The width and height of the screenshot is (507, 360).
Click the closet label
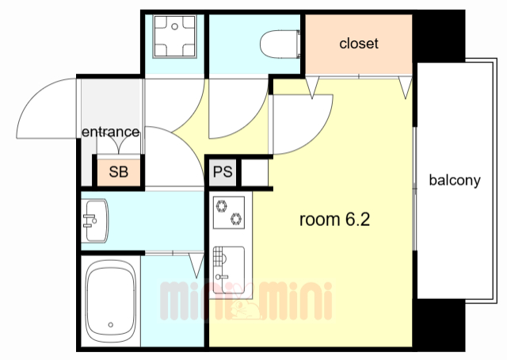(x=359, y=44)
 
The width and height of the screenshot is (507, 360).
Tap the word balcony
(x=455, y=180)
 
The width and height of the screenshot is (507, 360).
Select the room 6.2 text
(x=334, y=220)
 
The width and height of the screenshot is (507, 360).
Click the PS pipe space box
(x=223, y=171)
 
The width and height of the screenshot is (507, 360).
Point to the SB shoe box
(x=119, y=172)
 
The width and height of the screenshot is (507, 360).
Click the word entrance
(x=111, y=132)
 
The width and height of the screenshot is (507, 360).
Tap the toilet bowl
(x=280, y=44)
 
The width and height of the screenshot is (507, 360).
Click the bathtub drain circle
(x=111, y=324)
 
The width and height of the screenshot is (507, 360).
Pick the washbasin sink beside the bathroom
(x=95, y=220)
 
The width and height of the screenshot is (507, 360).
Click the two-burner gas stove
(x=229, y=213)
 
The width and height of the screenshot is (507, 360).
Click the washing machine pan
(x=174, y=36)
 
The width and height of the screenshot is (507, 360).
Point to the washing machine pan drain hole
(x=174, y=26)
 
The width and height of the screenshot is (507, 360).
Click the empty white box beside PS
(x=254, y=173)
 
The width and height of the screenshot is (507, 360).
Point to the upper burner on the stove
(x=222, y=206)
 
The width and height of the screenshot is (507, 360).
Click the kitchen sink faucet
(x=222, y=277)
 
